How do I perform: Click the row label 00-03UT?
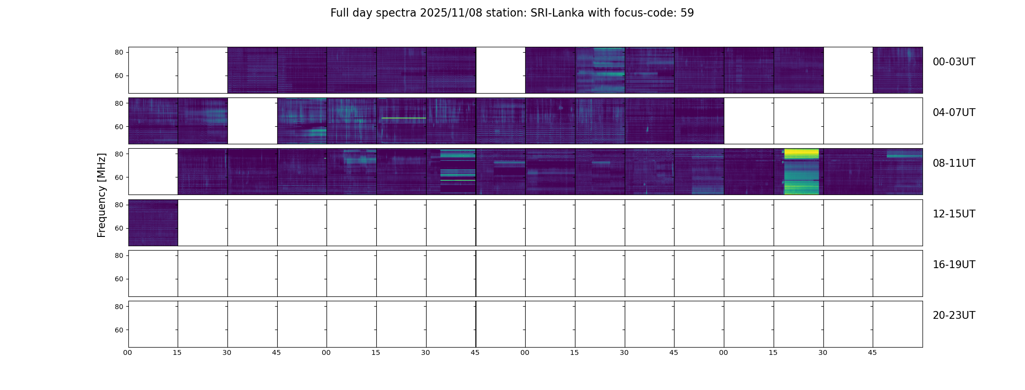point(954,62)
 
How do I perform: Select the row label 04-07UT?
point(954,113)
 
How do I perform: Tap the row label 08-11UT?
point(954,163)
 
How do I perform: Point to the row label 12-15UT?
point(954,214)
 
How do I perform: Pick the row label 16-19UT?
point(954,265)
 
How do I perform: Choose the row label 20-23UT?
point(954,315)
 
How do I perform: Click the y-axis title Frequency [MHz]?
point(102,195)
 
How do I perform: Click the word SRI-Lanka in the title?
point(557,13)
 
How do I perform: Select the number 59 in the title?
point(687,13)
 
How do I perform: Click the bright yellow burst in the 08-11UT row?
point(801,154)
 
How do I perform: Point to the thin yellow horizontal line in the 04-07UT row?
point(404,118)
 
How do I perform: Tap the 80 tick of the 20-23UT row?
point(119,307)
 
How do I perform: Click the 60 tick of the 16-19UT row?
point(119,279)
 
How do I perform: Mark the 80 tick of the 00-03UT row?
point(119,52)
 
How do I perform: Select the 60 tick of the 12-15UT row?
point(119,228)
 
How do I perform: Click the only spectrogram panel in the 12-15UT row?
point(153,222)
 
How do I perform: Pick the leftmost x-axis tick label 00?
point(128,352)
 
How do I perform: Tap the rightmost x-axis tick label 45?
point(872,352)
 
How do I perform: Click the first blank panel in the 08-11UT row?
point(153,172)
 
